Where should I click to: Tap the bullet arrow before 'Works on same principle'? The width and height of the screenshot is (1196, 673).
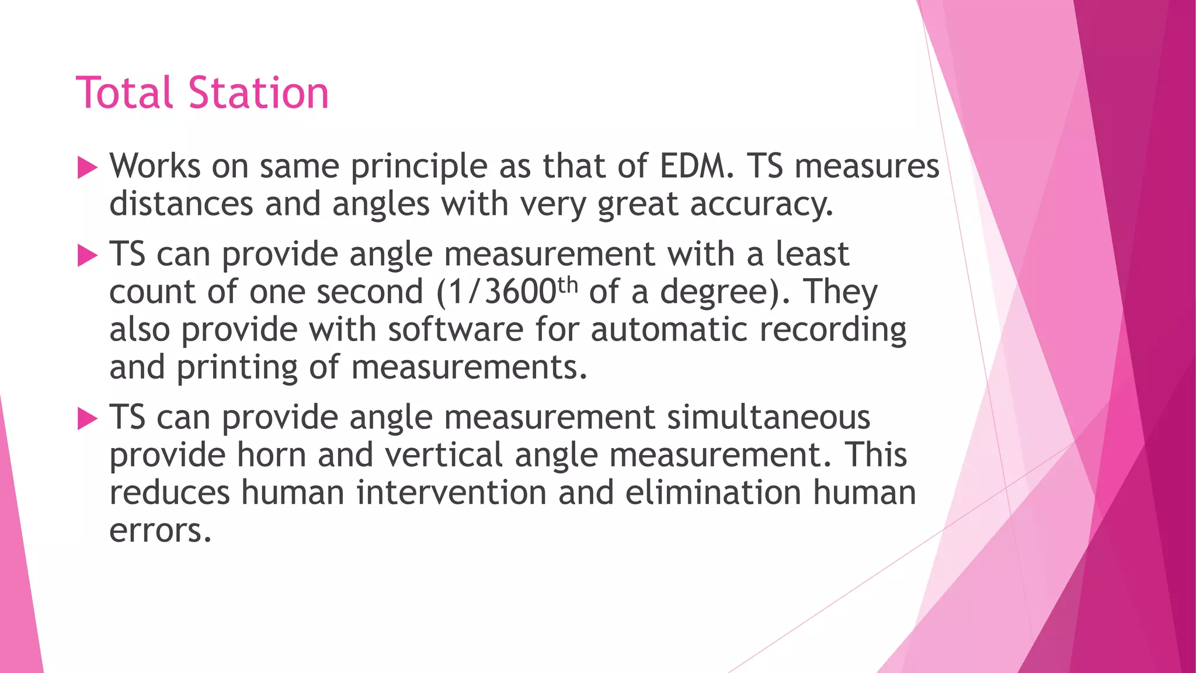[x=87, y=168]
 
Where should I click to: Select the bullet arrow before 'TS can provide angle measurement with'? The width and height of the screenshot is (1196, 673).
[x=87, y=256]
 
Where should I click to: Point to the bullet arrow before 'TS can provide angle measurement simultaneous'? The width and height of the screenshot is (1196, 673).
[x=87, y=419]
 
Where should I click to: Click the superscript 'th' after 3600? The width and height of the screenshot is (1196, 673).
[x=568, y=285]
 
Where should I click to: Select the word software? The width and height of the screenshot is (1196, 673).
[x=456, y=329]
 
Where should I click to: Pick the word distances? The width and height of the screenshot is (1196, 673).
[x=181, y=204]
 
